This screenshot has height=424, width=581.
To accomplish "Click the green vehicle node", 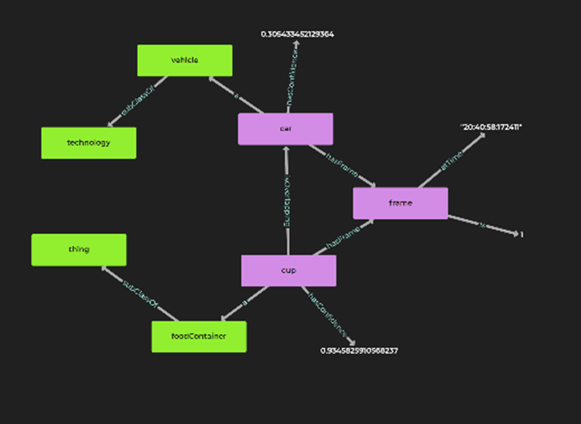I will tap(184, 60).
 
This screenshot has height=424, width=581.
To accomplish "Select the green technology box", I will tap(88, 142).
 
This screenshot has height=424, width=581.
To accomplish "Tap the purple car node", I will tap(285, 129).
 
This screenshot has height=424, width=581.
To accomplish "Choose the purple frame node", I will tap(400, 203).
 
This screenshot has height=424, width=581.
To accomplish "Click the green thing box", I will tap(78, 250).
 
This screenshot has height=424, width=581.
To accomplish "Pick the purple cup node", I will tap(288, 270).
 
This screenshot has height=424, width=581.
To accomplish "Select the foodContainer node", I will tap(198, 336).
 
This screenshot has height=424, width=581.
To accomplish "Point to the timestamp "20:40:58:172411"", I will tap(492, 127).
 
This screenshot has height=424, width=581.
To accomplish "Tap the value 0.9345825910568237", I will tap(359, 350).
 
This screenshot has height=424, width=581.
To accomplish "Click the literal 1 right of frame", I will tap(521, 235).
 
